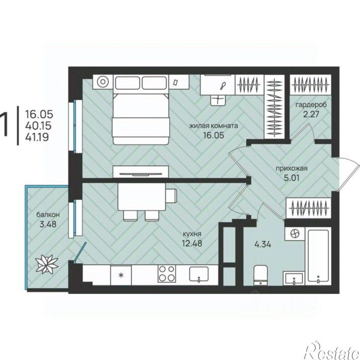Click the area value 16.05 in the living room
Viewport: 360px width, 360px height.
[x=214, y=135]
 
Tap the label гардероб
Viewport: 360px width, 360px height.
[x=311, y=105]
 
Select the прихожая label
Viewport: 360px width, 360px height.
[x=291, y=169]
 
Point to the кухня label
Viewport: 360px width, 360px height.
[x=192, y=234]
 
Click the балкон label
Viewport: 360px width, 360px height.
[x=48, y=215]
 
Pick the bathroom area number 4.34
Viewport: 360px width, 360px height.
[x=263, y=244]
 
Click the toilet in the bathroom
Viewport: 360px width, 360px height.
[x=261, y=275]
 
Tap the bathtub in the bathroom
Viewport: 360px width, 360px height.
[x=318, y=256]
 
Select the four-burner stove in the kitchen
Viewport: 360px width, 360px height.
[x=166, y=274]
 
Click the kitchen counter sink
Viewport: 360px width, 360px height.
[x=199, y=274]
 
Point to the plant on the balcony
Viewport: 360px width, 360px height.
[x=47, y=264]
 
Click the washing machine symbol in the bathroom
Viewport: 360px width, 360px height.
[x=294, y=234]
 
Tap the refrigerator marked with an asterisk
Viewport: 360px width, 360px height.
[x=121, y=275]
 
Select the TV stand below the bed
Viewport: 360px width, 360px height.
[x=141, y=171]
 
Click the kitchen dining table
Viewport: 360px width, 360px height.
[x=142, y=197]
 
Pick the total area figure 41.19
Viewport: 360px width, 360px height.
[x=37, y=137]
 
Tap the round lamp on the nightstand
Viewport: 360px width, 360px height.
[x=103, y=82]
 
